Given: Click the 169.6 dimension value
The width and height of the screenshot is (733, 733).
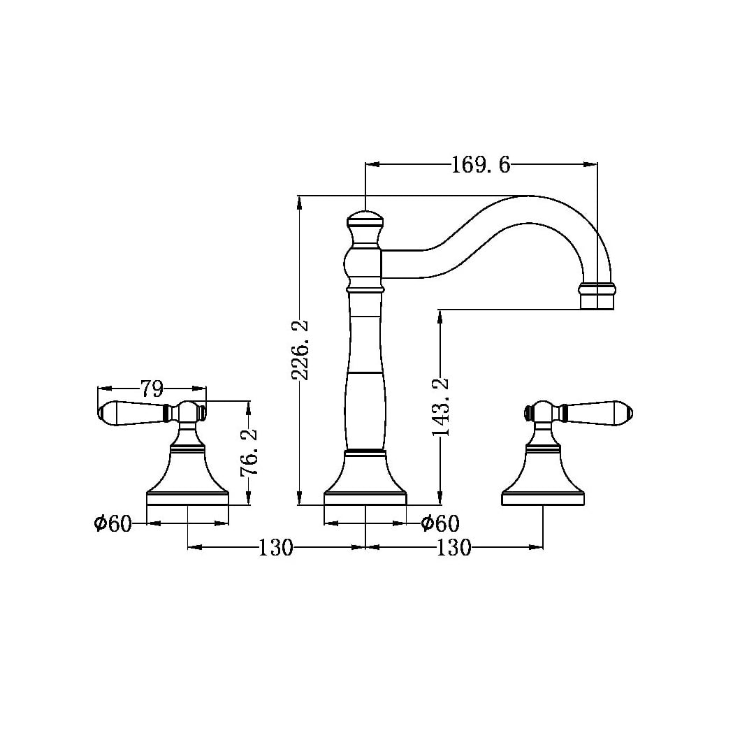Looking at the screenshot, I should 481,165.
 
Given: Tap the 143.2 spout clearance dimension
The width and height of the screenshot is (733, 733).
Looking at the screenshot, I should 441,407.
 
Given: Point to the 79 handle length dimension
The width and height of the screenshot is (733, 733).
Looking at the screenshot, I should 152,388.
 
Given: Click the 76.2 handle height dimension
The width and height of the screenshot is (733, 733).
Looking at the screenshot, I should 249,452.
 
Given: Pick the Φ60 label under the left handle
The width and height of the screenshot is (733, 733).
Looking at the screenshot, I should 113,523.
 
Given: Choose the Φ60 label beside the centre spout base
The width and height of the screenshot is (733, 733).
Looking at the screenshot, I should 440,523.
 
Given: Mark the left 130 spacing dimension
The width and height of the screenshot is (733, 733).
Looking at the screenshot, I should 276,548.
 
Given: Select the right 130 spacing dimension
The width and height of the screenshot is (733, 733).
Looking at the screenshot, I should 454,548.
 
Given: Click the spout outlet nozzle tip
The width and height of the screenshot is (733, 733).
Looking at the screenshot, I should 597,296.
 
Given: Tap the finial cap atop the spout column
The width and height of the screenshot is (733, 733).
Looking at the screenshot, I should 365,222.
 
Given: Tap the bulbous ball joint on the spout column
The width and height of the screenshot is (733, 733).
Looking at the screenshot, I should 363,266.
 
